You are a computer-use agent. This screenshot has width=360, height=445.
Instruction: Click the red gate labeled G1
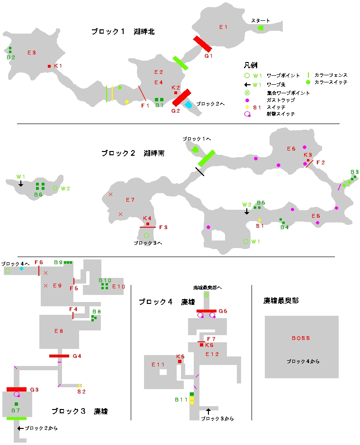pos(202,44)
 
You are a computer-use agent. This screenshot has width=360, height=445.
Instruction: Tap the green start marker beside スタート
pos(261,28)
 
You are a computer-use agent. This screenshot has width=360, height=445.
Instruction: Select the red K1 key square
pos(49,66)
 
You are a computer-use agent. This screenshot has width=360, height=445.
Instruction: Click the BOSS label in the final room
pos(301,338)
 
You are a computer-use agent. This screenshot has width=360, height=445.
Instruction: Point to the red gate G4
pos(59,356)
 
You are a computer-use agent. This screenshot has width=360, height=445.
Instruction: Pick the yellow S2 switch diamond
pos(80,386)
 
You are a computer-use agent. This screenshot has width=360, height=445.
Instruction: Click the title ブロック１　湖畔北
pos(123,32)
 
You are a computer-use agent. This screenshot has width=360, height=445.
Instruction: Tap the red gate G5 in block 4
pos(206,311)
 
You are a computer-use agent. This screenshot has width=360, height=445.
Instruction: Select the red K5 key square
pos(180,362)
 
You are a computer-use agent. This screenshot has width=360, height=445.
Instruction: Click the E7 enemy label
pos(130,199)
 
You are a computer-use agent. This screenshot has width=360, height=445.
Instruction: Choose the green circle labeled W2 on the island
pos(55,188)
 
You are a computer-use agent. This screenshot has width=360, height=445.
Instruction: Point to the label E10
pos(118,286)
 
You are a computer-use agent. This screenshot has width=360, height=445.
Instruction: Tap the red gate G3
pos(17,389)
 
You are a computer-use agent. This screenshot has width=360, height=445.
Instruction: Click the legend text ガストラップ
pos(280,100)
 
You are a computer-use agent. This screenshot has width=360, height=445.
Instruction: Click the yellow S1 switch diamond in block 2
pos(260,220)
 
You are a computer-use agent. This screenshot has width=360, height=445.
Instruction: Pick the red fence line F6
pos(39,270)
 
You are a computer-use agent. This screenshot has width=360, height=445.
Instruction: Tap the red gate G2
pos(181,98)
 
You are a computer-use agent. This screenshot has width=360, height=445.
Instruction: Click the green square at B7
pos(16,404)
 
